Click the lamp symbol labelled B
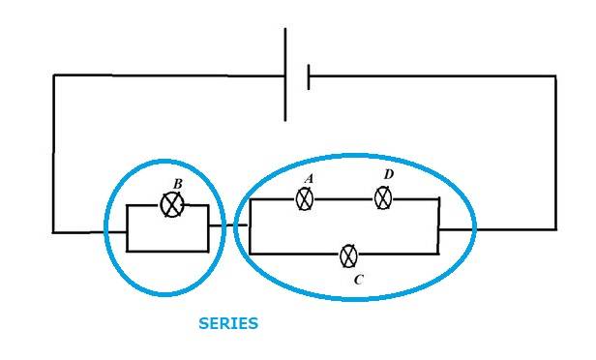pos(172,205)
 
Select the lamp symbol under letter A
pos(305,198)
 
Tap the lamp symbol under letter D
pos(383,197)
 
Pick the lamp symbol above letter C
pos(348,255)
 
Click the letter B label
pos(177,184)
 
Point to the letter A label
pos(309,178)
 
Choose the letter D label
pos(389,174)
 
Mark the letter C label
pos(358,280)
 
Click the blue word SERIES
pos(228,323)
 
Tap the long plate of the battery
pos(285,75)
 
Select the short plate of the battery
pos(309,77)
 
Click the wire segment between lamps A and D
pos(343,198)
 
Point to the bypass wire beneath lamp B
pos(167,251)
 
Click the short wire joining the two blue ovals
pos(228,225)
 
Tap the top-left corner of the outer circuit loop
pos(54,75)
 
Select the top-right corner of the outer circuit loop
pos(555,76)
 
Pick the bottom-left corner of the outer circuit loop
pos(53,231)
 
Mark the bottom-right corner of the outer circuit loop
pos(555,229)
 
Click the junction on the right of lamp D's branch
pos(438,198)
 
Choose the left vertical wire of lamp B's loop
pos(127,228)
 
